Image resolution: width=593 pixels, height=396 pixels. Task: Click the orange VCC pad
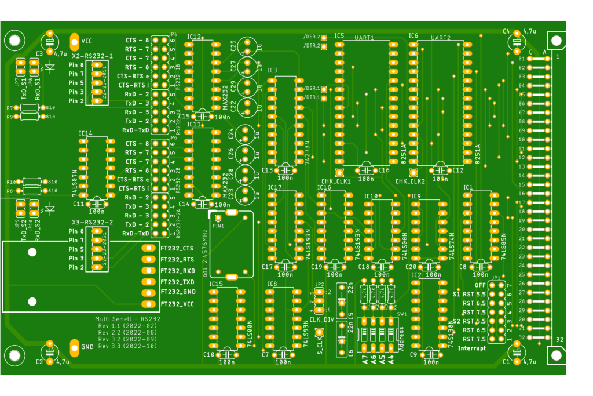(x=74, y=41)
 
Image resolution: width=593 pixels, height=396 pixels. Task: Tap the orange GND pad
(x=74, y=347)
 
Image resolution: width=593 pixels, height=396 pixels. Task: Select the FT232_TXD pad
(x=147, y=282)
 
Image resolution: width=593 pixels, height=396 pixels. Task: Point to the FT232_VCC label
(x=177, y=304)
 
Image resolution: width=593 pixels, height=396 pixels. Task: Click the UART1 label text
(x=364, y=38)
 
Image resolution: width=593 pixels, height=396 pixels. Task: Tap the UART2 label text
(x=441, y=38)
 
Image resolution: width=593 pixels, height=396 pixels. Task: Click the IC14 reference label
(x=85, y=133)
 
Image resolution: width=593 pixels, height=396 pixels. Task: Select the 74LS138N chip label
(x=451, y=333)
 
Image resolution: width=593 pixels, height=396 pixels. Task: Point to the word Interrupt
(x=471, y=348)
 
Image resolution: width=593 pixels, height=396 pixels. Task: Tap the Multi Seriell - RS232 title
(x=127, y=319)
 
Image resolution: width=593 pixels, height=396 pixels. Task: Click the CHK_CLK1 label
(x=336, y=181)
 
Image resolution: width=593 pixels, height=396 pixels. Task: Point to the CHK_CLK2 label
(x=410, y=181)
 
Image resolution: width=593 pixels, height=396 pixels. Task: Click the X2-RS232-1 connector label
(x=92, y=56)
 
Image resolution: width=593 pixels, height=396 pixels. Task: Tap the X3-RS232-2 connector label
(x=92, y=222)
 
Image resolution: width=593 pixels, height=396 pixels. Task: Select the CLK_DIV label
(x=321, y=319)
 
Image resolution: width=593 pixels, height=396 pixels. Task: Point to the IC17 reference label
(x=274, y=187)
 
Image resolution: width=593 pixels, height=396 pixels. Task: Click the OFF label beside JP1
(x=480, y=285)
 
